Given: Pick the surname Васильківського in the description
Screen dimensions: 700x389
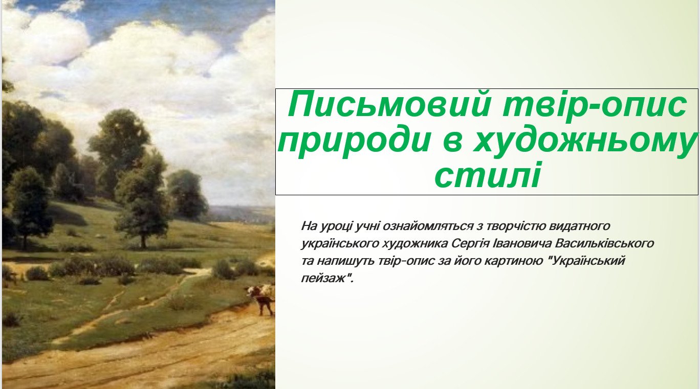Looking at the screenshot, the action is coord(604,243).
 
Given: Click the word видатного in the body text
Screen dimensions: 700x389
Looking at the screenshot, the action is coord(579,226).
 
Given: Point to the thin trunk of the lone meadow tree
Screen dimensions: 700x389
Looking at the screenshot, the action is coord(143,240).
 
